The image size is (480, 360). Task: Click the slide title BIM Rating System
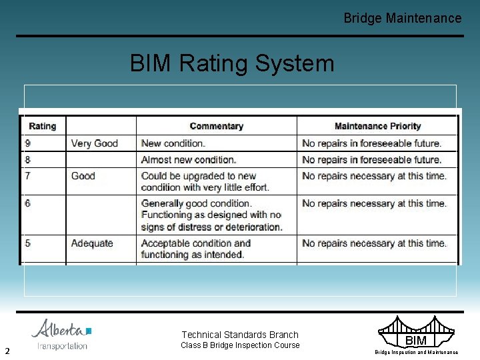232,63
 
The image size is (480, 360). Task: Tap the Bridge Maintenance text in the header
402,18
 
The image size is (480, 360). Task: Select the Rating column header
43,126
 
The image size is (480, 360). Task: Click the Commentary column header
216,126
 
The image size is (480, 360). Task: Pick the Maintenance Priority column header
377,126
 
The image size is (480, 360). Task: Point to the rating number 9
28,143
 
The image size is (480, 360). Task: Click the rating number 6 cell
28,203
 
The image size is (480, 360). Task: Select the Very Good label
94,143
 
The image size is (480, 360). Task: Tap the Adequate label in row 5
92,243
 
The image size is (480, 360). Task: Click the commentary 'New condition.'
173,143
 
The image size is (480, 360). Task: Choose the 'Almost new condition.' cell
189,160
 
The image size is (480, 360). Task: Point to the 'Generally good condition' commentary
211,215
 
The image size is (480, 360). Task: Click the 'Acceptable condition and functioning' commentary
196,249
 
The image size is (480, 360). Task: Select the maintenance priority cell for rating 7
374,176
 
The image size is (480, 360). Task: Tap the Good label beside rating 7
83,176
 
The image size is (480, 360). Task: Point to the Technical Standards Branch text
240,335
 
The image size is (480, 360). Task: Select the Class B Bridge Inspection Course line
240,345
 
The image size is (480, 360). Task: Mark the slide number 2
7,351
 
